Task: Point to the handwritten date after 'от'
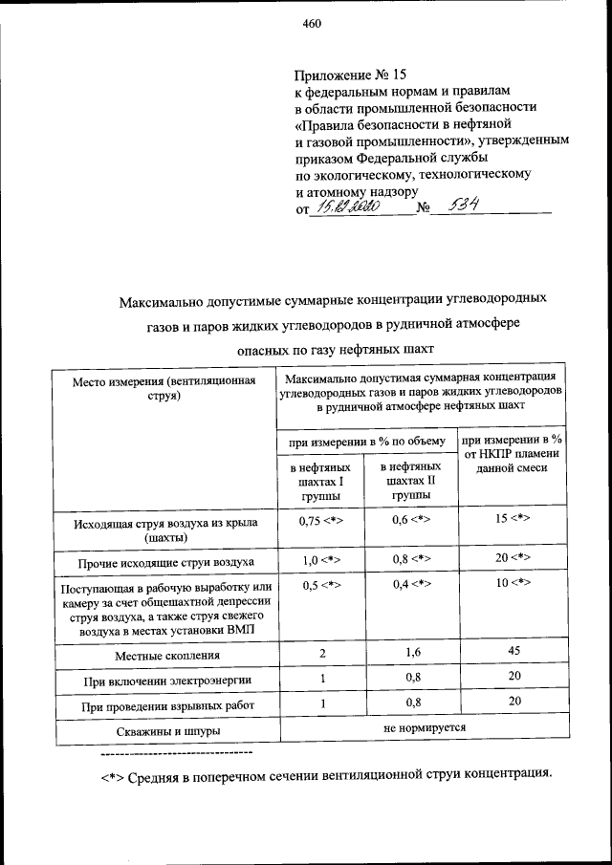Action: coord(350,205)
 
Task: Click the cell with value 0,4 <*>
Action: coord(413,584)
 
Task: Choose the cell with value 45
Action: coord(513,653)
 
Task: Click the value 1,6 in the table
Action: coord(413,653)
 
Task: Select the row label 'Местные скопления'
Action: coord(167,656)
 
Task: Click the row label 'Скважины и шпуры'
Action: coord(166,731)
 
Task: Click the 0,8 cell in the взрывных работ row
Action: coord(413,703)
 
